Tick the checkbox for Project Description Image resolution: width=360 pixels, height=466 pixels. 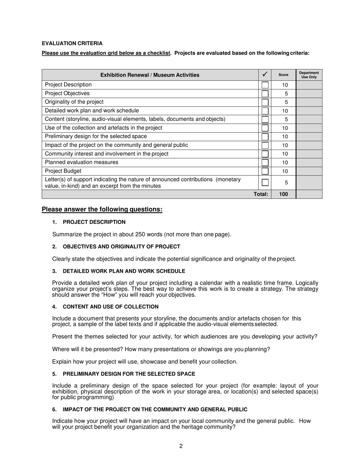[265, 85]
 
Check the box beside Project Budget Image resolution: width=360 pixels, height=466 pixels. [265, 171]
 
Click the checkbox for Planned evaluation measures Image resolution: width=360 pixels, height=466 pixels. [265, 163]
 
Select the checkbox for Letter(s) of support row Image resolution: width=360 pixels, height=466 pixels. [265, 183]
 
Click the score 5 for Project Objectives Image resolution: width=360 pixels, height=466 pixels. [286, 94]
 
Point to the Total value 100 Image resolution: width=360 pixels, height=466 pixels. [283, 194]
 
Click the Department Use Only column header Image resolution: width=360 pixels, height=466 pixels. [309, 75]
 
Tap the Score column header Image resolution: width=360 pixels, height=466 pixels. [283, 75]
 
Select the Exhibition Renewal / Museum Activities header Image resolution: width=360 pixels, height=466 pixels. [150, 75]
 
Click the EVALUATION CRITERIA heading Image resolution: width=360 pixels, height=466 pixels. [72, 44]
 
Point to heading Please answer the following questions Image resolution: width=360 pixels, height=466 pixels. [102, 210]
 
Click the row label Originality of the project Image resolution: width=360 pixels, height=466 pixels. [74, 102]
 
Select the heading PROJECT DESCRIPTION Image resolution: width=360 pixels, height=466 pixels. [94, 222]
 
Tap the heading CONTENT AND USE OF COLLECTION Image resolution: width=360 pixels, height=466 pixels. [111, 307]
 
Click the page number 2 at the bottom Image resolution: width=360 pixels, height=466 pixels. [181, 446]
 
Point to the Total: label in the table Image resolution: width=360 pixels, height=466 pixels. [261, 194]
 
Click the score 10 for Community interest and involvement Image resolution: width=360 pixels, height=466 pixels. [285, 154]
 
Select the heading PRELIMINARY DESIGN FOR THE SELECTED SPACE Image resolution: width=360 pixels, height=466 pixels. [129, 374]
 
